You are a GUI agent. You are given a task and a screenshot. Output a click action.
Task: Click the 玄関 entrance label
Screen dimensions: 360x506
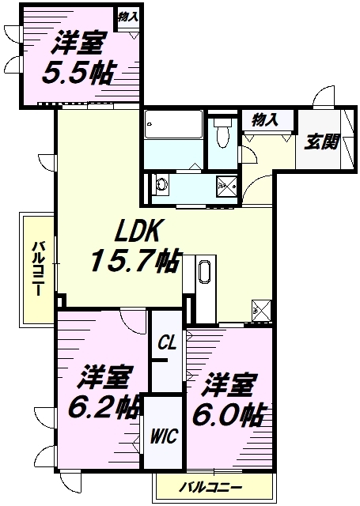pyautogui.click(x=321, y=142)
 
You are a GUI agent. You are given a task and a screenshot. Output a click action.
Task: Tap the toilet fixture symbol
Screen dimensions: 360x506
pyautogui.click(x=223, y=133)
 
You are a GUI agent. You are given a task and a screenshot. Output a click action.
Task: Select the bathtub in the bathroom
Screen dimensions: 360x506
pyautogui.click(x=173, y=125)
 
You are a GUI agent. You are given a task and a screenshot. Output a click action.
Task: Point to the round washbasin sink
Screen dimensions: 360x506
pyautogui.click(x=161, y=184)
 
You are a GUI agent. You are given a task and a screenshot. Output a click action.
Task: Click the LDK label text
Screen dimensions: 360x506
pyautogui.click(x=137, y=231)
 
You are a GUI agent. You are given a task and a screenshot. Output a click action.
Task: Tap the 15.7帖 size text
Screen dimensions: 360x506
pyautogui.click(x=135, y=261)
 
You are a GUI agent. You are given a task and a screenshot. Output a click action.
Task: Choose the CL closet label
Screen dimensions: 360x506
pyautogui.click(x=167, y=342)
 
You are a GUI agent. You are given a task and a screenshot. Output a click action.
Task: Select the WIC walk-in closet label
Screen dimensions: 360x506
pyautogui.click(x=164, y=436)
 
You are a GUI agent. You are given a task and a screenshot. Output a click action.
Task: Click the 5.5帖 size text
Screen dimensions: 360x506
pyautogui.click(x=78, y=73)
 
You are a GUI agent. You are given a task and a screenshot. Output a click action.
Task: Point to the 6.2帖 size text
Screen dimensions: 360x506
pyautogui.click(x=104, y=407)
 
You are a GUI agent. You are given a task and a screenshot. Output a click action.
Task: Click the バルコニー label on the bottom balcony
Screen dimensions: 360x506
pyautogui.click(x=210, y=487)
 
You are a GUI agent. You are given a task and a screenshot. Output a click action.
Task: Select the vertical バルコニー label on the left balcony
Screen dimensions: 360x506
pyautogui.click(x=37, y=269)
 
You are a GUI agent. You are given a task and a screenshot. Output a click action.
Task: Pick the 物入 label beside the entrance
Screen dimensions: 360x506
pyautogui.click(x=265, y=120)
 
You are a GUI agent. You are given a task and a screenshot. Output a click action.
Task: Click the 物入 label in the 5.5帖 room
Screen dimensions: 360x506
pyautogui.click(x=128, y=17)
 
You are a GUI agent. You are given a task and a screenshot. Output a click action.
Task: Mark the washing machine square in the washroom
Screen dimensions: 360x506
pyautogui.click(x=226, y=187)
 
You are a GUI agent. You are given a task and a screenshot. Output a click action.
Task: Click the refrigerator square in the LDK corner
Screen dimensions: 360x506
pyautogui.click(x=261, y=311)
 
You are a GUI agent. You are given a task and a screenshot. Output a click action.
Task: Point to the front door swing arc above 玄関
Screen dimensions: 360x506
pyautogui.click(x=323, y=96)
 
